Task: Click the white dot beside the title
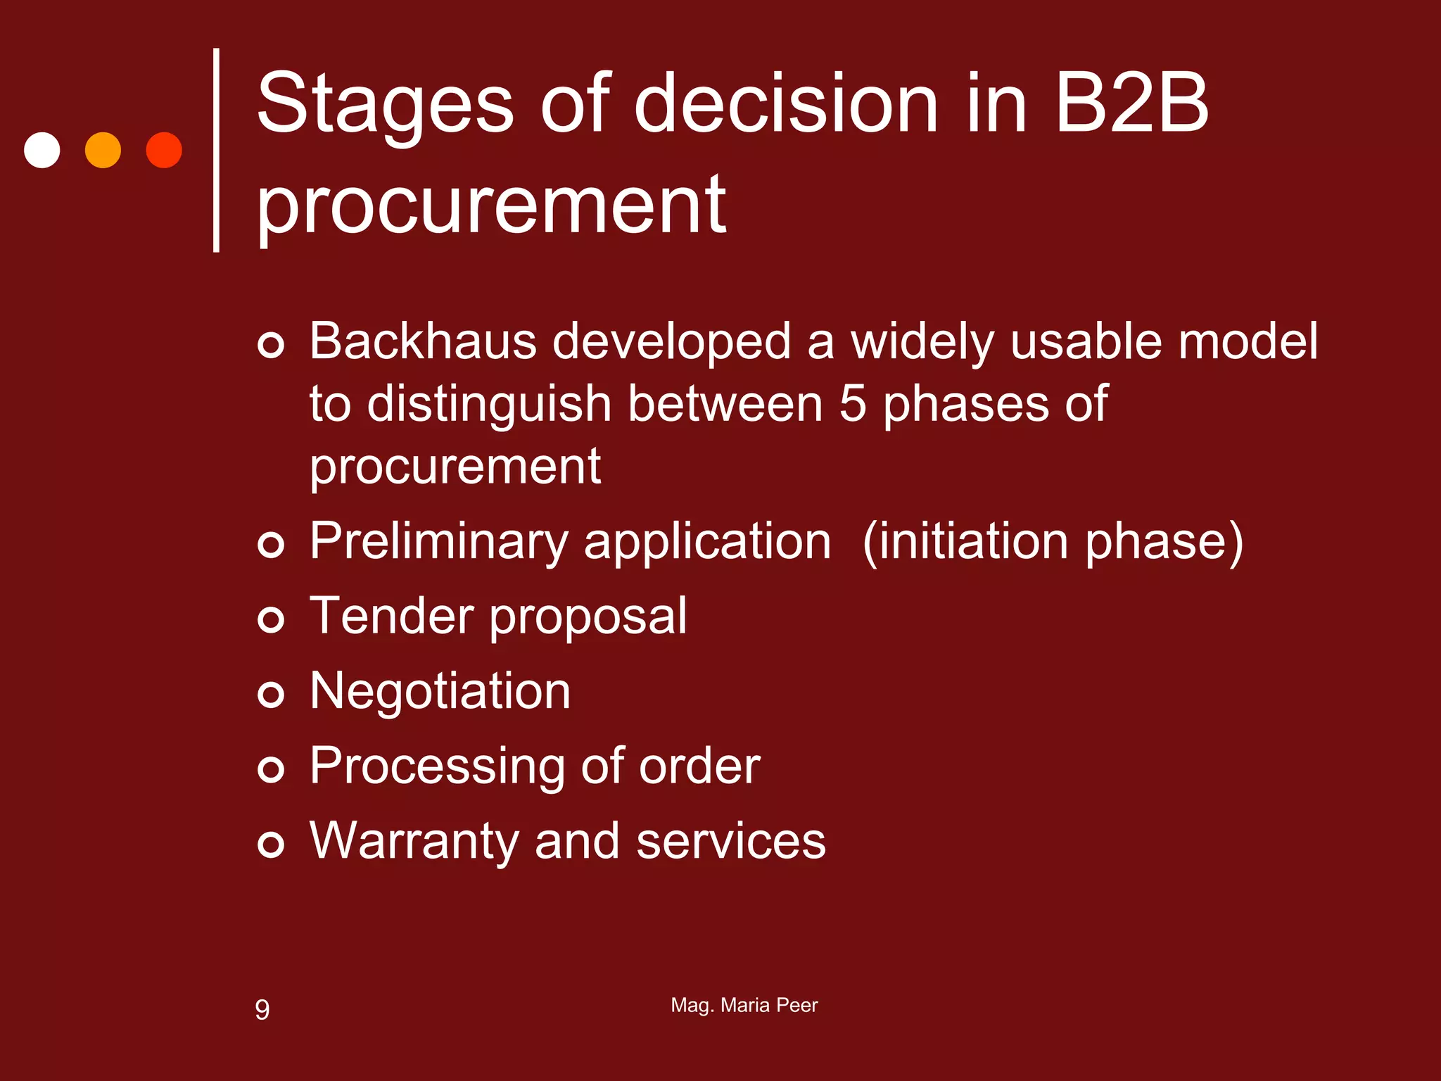pyautogui.click(x=42, y=150)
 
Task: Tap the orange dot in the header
pyautogui.click(x=103, y=150)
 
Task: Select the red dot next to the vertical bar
pyautogui.click(x=164, y=150)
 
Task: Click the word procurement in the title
pyautogui.click(x=491, y=206)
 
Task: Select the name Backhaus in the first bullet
pyautogui.click(x=423, y=341)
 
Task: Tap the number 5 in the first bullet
pyautogui.click(x=853, y=404)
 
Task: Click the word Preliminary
pyautogui.click(x=438, y=542)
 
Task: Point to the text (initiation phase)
pyautogui.click(x=1053, y=542)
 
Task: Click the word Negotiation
pyautogui.click(x=440, y=691)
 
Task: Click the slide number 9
pyautogui.click(x=262, y=1009)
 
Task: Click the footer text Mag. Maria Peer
pyautogui.click(x=744, y=1005)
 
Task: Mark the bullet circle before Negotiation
pyautogui.click(x=271, y=695)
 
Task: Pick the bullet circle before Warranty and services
pyautogui.click(x=271, y=844)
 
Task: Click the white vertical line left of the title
pyautogui.click(x=216, y=150)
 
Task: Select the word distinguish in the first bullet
pyautogui.click(x=489, y=405)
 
